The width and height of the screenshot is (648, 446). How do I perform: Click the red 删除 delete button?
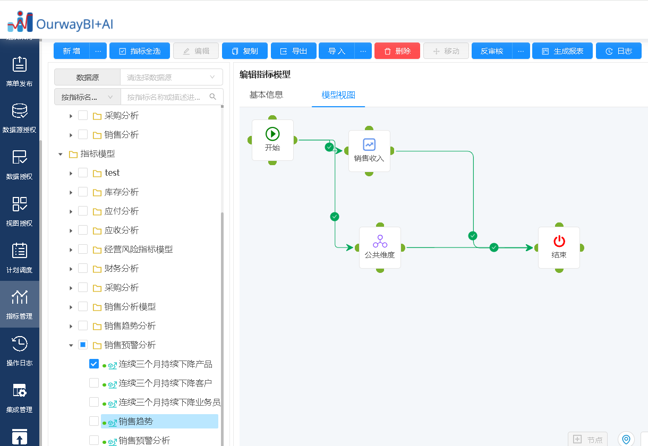[397, 51]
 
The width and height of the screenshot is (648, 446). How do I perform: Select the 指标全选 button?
[140, 51]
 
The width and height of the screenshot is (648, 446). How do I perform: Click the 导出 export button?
[293, 51]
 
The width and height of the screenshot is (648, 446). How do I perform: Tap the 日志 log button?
[618, 51]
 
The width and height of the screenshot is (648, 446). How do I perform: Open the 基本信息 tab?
[266, 95]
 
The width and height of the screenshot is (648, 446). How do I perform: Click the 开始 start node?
[272, 140]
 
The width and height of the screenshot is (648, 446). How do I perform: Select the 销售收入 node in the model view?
[369, 151]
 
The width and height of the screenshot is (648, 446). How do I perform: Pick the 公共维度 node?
[380, 247]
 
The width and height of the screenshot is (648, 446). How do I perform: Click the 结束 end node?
[559, 247]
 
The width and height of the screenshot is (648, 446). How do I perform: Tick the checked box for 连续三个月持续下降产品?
[94, 364]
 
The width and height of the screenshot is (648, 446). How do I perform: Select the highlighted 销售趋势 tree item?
[159, 422]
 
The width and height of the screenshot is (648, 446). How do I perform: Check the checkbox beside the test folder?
[83, 173]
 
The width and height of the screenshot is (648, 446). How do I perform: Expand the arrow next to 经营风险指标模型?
[71, 250]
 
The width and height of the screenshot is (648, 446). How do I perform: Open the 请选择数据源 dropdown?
[171, 77]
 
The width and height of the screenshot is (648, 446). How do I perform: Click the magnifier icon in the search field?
[212, 97]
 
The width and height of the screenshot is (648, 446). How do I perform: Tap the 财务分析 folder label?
[122, 269]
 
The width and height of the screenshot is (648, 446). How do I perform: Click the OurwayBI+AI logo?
[60, 22]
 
